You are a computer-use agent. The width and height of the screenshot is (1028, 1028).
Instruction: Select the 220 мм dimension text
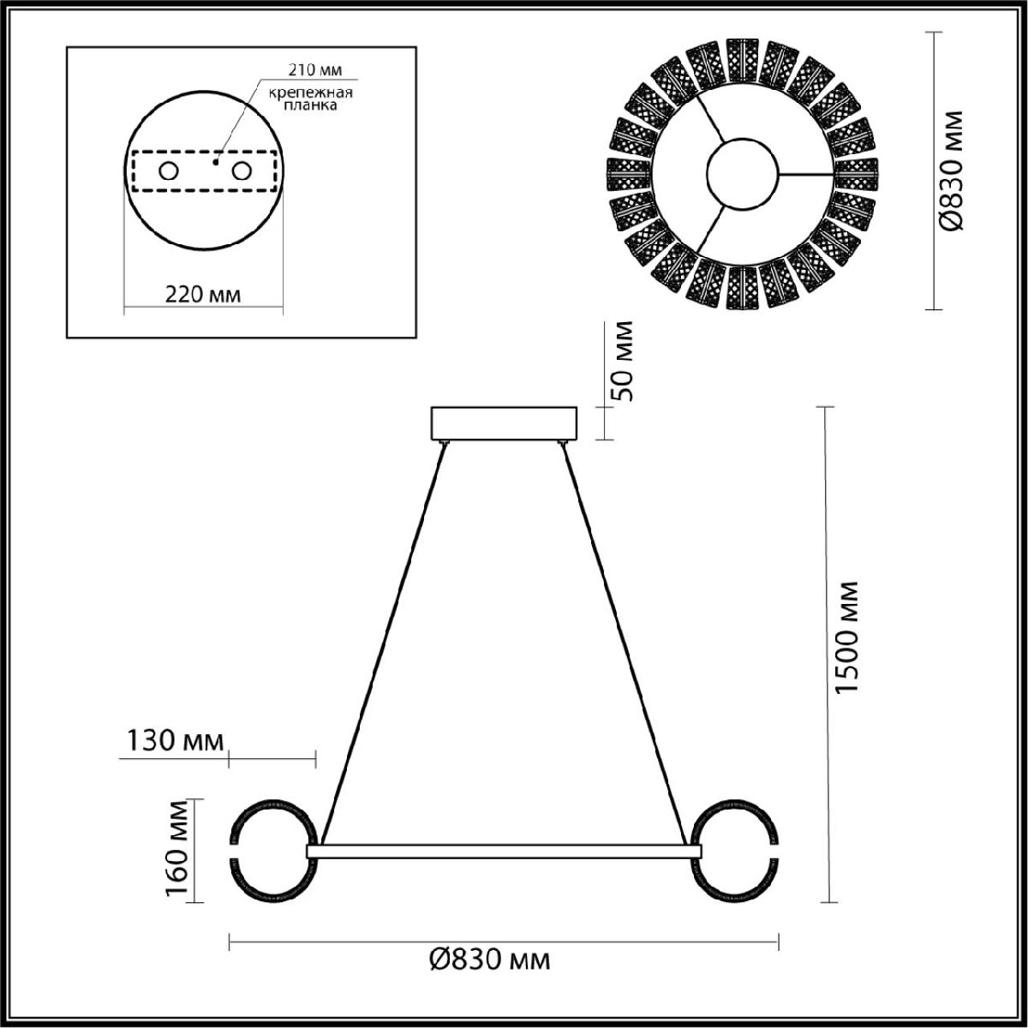click(203, 294)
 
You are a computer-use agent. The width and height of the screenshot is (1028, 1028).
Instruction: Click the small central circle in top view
click(741, 171)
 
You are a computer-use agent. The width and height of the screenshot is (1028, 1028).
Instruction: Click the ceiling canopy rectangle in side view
click(505, 424)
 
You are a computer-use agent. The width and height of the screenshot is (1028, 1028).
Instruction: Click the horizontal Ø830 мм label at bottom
click(489, 959)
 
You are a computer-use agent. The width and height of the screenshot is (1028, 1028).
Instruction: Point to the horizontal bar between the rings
click(505, 850)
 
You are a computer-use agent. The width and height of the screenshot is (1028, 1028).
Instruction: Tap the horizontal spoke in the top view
click(806, 174)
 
